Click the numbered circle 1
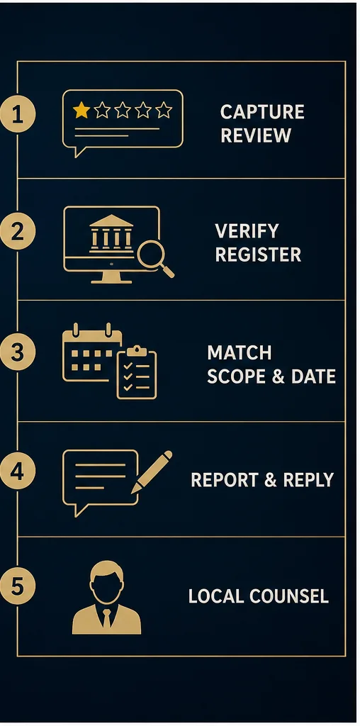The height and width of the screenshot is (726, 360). [x=18, y=115]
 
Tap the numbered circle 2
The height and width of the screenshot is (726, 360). [x=18, y=231]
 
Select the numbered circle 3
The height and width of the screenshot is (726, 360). [x=18, y=353]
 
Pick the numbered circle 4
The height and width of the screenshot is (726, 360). [x=18, y=471]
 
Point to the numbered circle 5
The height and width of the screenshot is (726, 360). [x=18, y=586]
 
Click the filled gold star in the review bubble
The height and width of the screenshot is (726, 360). [x=81, y=110]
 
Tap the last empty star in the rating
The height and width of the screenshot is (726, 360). [x=163, y=110]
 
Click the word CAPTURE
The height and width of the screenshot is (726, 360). [x=262, y=112]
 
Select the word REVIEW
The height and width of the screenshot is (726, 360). [x=256, y=135]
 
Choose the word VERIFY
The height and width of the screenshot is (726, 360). [x=247, y=230]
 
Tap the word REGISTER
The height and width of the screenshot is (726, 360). [x=258, y=255]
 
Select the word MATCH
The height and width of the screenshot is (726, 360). [x=240, y=353]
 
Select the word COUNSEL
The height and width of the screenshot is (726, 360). [x=289, y=596]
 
